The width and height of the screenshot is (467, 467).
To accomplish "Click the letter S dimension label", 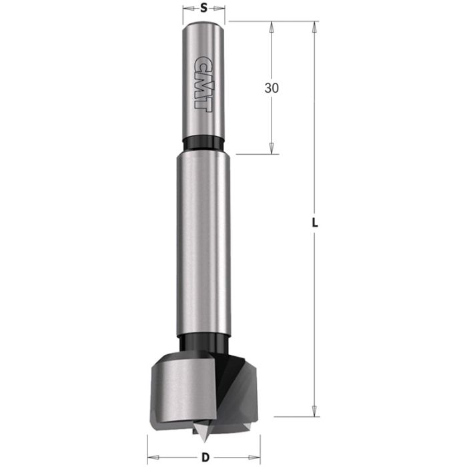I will click(x=203, y=9).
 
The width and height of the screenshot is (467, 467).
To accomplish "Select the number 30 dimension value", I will click(x=272, y=88).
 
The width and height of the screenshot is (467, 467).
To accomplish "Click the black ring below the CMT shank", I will click(x=203, y=143).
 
